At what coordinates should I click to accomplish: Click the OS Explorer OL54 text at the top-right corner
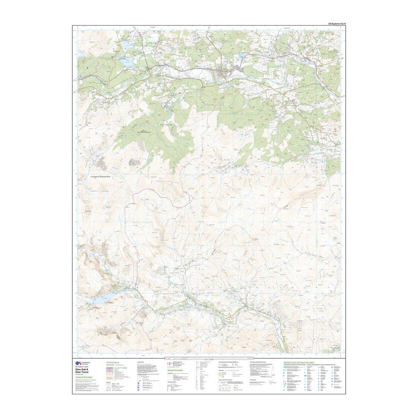(x=335, y=24)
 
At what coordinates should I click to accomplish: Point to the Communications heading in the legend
(x=113, y=362)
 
